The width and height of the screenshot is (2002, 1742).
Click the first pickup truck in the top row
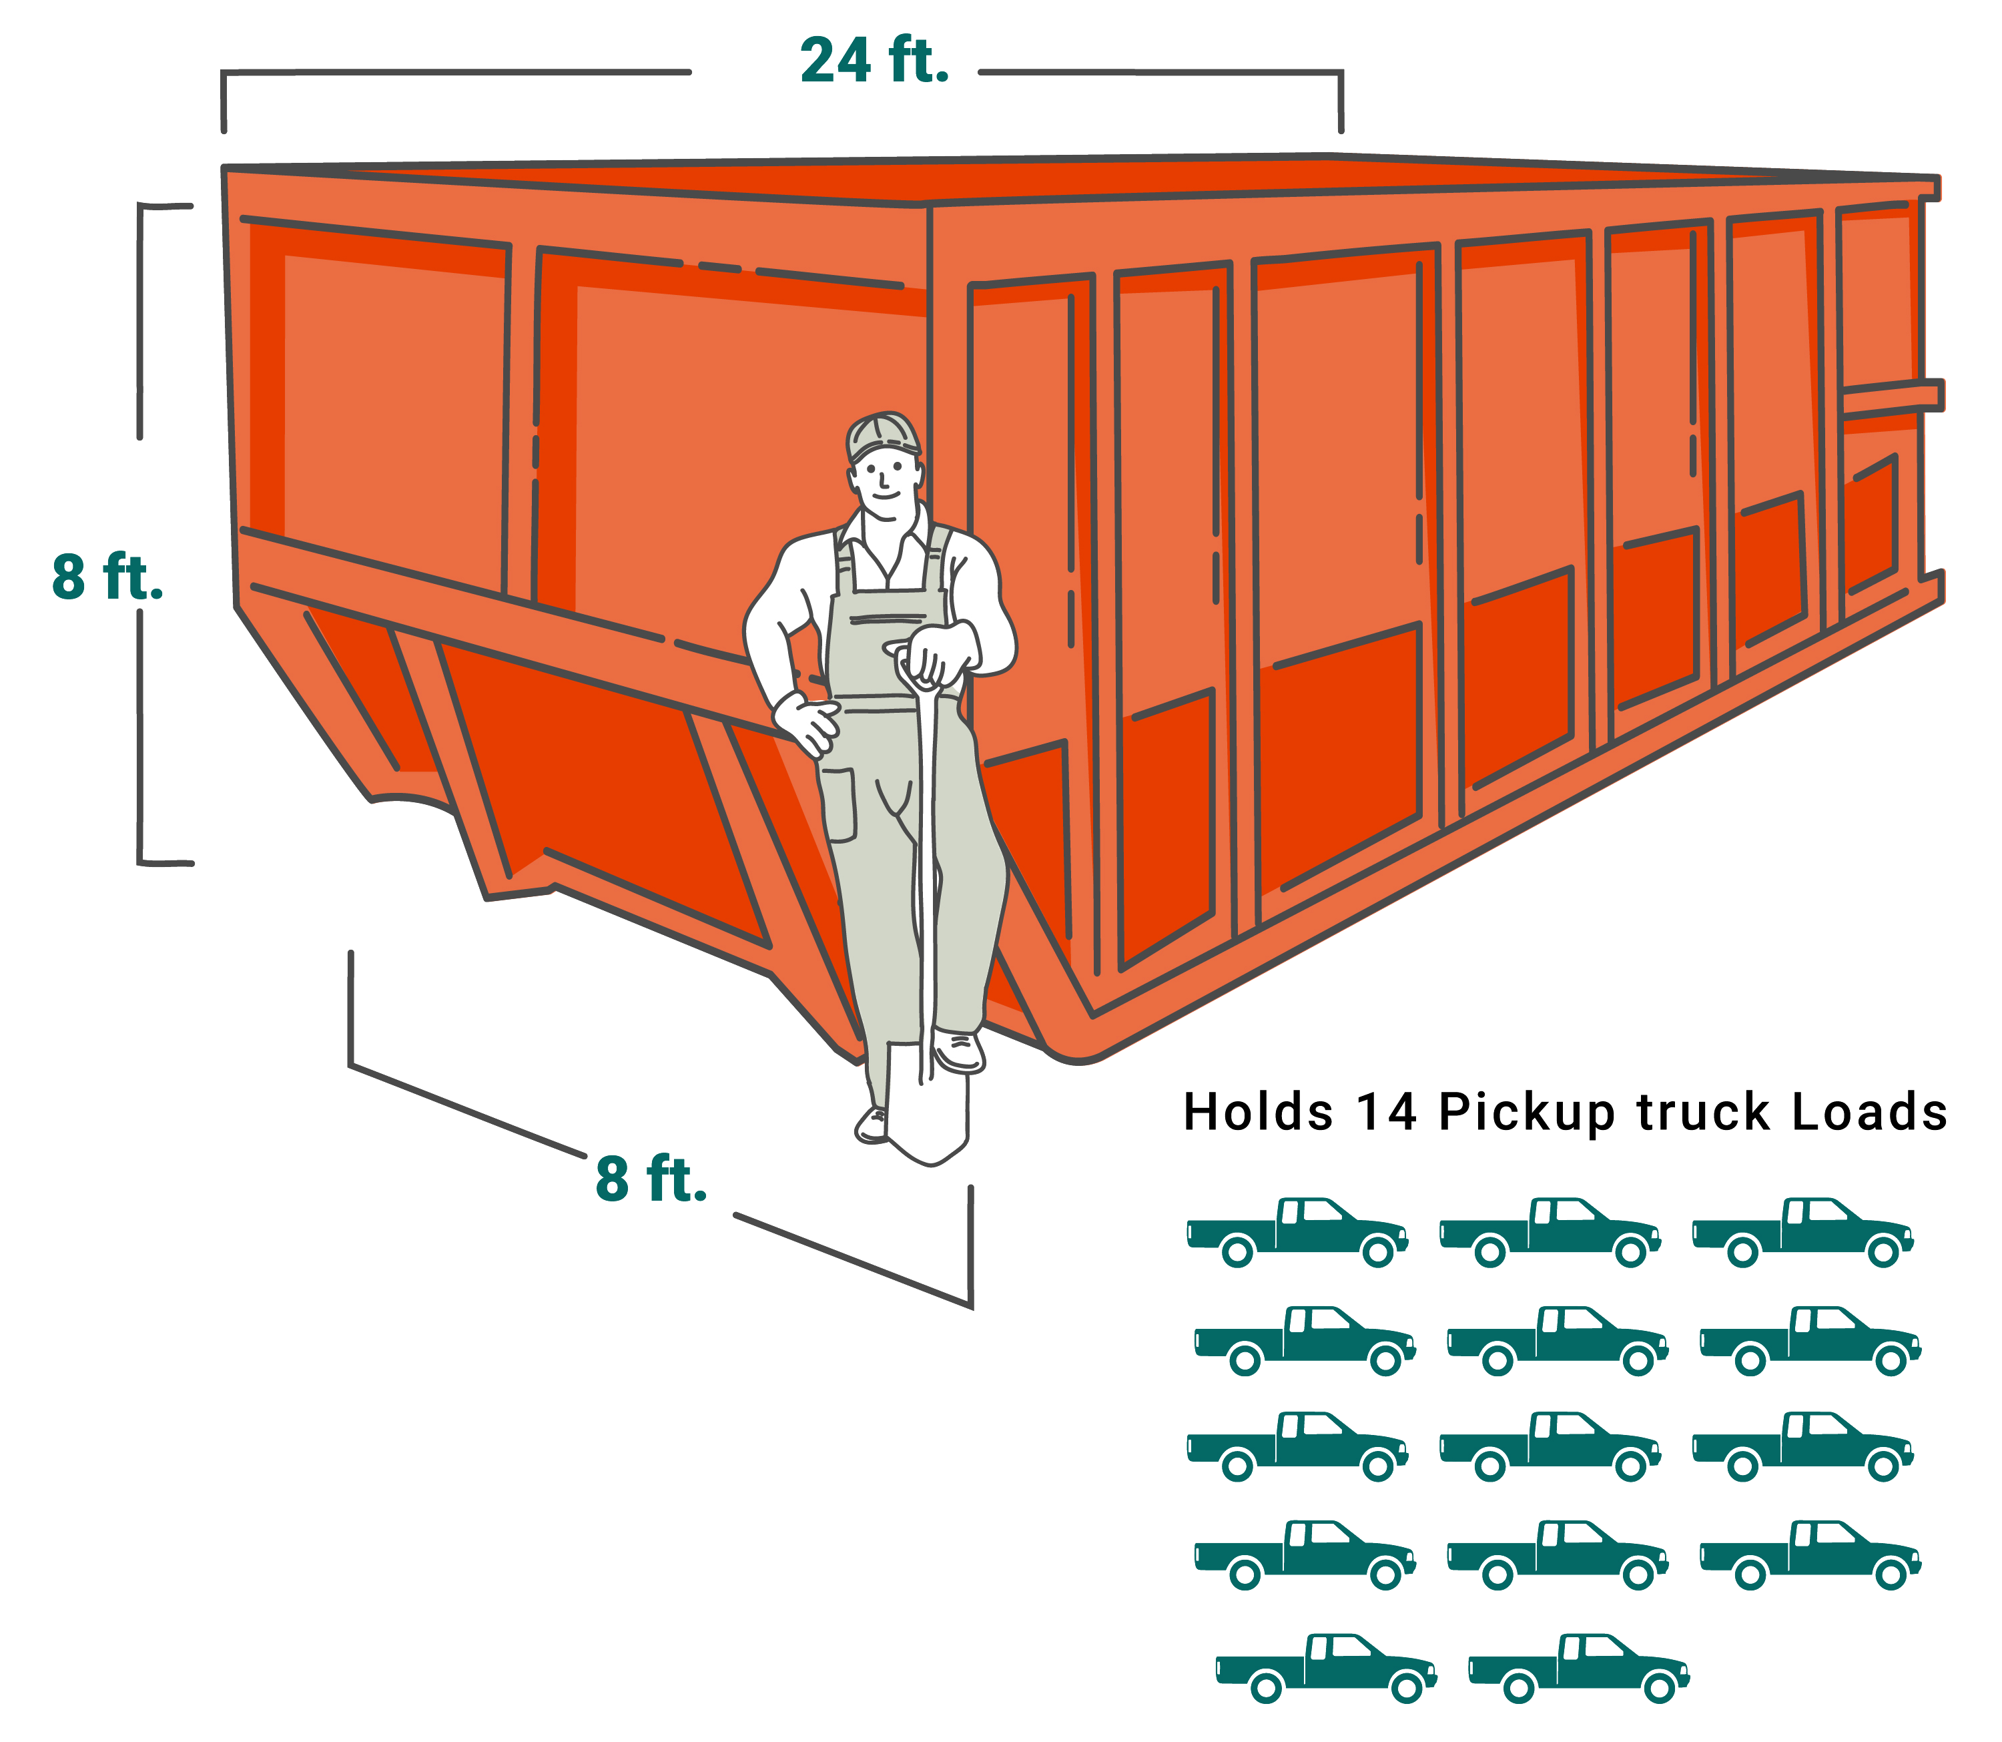pos(1297,1231)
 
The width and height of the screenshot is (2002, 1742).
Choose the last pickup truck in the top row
pos(1802,1231)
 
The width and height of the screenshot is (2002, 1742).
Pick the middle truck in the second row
pos(1557,1340)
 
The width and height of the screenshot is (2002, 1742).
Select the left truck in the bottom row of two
pos(1327,1668)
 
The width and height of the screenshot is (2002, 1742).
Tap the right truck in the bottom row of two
pos(1580,1668)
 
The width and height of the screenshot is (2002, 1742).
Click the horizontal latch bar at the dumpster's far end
pos(1891,396)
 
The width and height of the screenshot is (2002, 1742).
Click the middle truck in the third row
pos(1550,1446)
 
